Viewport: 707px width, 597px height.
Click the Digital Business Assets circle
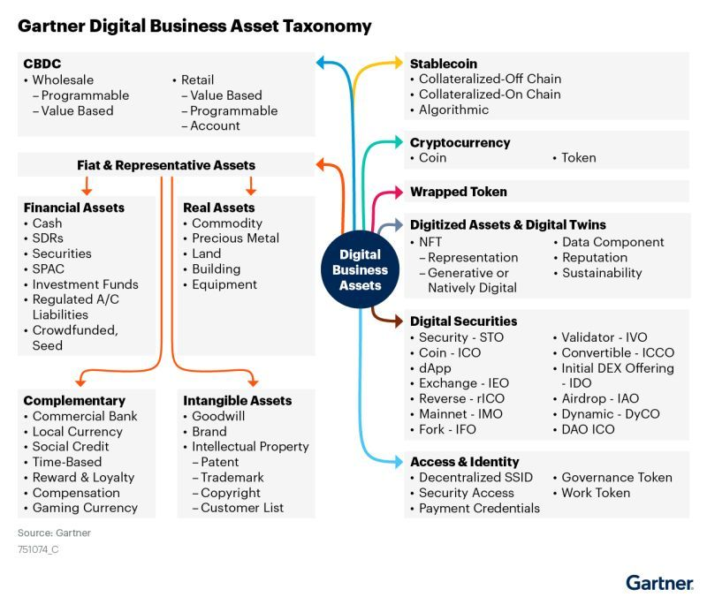pos(361,269)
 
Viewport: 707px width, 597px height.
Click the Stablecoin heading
pos(444,64)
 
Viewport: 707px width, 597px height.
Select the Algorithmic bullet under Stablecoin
pos(453,110)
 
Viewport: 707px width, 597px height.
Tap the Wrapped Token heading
pos(459,192)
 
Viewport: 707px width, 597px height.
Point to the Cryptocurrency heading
pos(460,142)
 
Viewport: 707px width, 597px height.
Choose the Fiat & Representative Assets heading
pos(166,165)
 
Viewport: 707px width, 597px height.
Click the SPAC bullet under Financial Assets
pos(49,268)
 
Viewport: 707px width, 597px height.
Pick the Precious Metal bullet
pos(235,238)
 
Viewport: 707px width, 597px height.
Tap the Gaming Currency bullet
pos(85,508)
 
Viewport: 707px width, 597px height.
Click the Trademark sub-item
pos(232,477)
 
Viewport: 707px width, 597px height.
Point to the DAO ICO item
pos(589,429)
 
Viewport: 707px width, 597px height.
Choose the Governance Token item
pos(617,478)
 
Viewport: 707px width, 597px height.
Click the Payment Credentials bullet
pos(479,508)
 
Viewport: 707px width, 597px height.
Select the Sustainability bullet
pos(602,273)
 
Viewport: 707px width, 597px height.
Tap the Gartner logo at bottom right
pos(658,582)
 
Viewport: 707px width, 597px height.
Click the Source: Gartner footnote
pos(54,533)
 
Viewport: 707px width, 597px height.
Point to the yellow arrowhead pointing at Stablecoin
pos(397,64)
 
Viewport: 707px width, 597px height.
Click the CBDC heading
pos(42,64)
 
